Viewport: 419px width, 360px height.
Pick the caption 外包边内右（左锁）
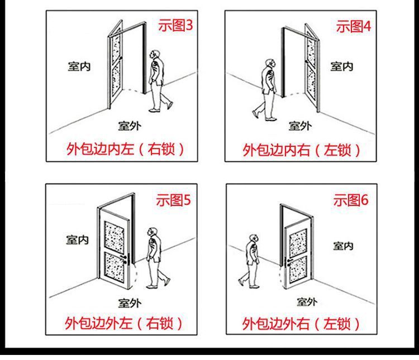302,150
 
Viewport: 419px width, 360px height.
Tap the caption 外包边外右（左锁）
302,323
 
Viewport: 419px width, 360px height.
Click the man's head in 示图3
156,54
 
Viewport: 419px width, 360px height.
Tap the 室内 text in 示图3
78,66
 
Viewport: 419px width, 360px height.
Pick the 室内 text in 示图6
343,245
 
